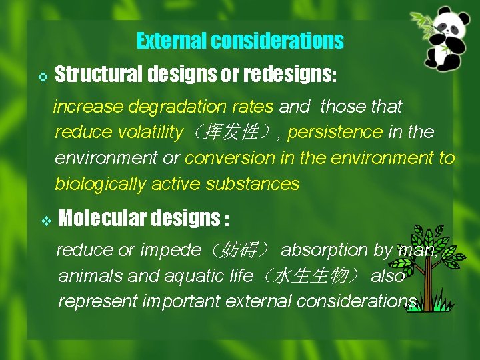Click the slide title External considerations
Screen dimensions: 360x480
click(x=240, y=41)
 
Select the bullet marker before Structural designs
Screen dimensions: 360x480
click(x=43, y=77)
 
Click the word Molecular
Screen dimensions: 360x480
click(x=103, y=218)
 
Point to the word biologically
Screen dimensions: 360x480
click(x=100, y=184)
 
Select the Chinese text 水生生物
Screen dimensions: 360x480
click(x=312, y=276)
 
